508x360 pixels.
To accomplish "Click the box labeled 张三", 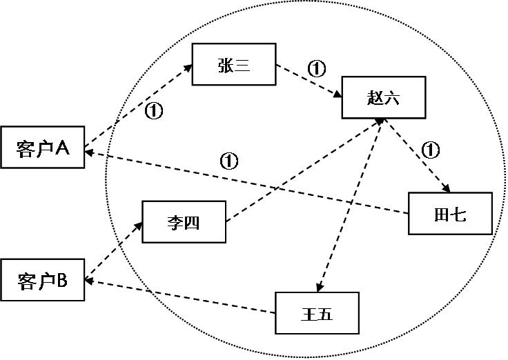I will coord(234,65).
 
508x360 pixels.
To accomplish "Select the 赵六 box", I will coord(384,97).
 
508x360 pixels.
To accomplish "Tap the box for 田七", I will coord(450,214).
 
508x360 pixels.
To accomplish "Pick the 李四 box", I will coord(184,222).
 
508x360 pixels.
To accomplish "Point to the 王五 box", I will coord(317,314).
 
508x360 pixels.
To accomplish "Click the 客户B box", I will coord(43,280).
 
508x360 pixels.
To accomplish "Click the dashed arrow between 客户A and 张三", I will coord(138,106).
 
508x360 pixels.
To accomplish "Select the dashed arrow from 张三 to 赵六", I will coord(309,81).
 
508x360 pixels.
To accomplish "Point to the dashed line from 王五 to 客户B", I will coord(179,297).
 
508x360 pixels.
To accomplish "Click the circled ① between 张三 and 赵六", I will coord(315,68).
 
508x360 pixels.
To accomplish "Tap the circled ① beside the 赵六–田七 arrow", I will coord(430,149).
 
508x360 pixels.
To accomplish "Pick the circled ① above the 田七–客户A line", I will coord(228,161).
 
